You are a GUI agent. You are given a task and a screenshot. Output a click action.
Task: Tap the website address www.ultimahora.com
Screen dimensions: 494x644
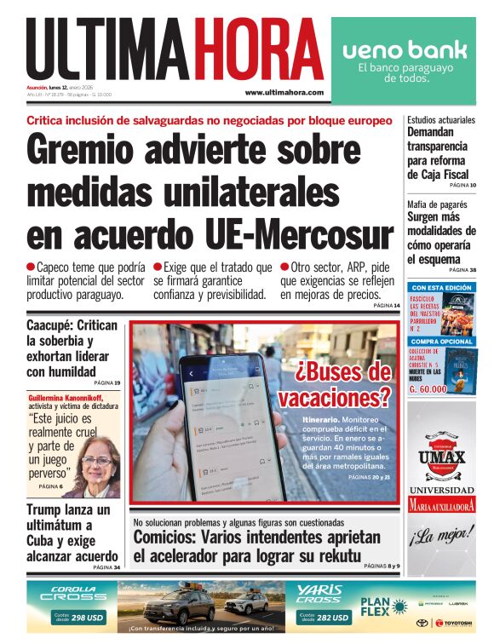click(284, 93)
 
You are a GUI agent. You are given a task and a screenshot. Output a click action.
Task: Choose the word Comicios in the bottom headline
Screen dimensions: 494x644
click(165, 538)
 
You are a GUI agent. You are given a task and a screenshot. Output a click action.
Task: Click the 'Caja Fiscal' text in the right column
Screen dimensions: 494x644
click(438, 175)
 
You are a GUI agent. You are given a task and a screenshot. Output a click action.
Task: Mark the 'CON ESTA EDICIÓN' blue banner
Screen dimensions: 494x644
click(440, 288)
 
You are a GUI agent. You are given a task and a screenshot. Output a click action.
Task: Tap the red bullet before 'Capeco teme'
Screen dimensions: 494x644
click(31, 267)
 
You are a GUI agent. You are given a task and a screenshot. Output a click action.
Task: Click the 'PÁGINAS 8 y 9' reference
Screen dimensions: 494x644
click(381, 566)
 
